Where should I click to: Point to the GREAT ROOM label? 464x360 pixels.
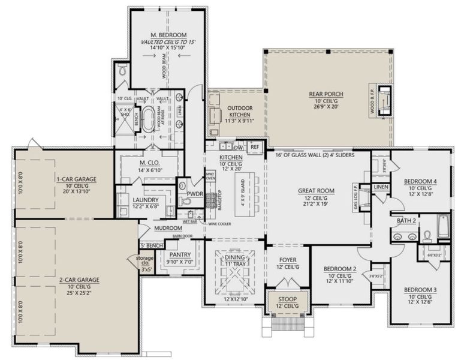point(316,191)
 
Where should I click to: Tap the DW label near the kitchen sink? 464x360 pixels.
point(237,146)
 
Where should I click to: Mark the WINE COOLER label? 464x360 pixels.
point(219,224)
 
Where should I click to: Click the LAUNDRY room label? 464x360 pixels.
point(146,200)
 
